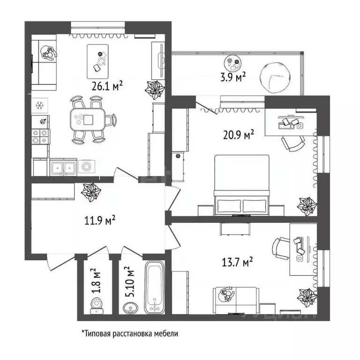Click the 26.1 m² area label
click(108, 85)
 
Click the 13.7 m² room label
click(237, 261)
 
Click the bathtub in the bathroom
click(154, 287)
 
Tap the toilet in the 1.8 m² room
click(97, 305)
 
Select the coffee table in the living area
click(98, 61)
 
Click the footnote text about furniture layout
click(130, 334)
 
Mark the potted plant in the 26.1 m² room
click(154, 89)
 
